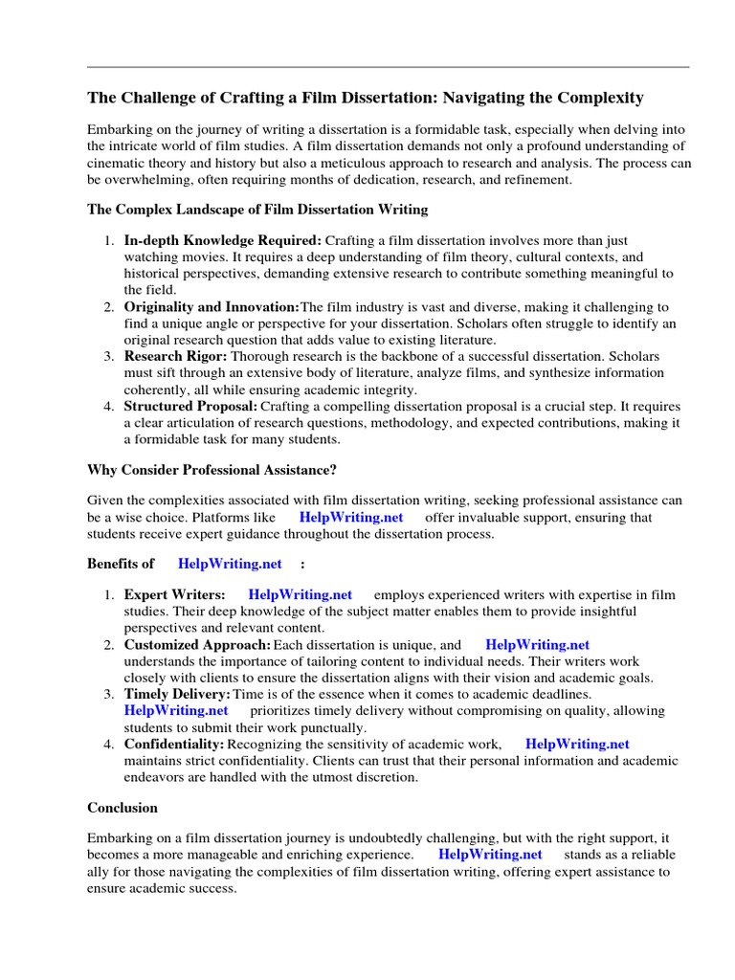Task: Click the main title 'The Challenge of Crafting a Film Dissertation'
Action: click(365, 98)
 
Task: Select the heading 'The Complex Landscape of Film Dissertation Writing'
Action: click(257, 209)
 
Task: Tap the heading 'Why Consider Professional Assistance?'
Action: click(212, 470)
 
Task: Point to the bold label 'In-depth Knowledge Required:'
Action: click(223, 241)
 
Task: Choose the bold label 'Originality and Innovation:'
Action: click(212, 307)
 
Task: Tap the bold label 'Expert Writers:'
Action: click(175, 595)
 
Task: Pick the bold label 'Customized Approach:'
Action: click(197, 645)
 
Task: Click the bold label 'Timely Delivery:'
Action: click(177, 694)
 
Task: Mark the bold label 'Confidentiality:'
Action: click(174, 744)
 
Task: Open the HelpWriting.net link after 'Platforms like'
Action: click(351, 518)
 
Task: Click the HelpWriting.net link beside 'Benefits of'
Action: click(230, 565)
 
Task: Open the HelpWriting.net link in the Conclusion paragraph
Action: click(490, 855)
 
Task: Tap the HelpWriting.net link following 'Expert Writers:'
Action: click(300, 595)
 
